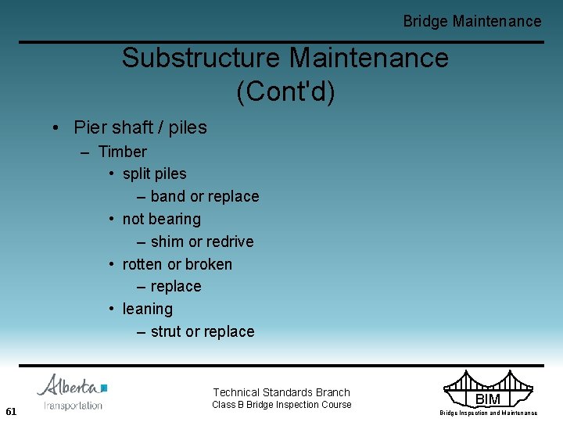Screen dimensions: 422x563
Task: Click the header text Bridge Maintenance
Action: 472,22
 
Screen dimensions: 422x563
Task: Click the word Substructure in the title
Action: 201,58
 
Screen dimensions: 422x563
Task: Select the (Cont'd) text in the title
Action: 285,91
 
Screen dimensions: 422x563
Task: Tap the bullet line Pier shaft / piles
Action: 140,127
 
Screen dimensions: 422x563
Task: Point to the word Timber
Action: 122,152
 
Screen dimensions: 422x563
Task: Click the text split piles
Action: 155,173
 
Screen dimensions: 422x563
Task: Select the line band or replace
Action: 204,196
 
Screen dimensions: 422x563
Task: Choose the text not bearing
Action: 162,219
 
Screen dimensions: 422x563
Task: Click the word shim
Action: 167,241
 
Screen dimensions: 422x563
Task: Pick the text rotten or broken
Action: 178,264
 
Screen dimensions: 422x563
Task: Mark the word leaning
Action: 148,309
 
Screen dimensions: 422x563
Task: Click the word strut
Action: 166,331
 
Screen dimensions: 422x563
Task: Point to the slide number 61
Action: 11,411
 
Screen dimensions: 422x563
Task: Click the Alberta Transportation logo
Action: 73,392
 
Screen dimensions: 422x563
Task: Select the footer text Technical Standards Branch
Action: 281,392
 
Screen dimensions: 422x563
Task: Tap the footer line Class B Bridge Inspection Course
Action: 281,405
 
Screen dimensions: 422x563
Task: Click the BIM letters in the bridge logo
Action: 488,399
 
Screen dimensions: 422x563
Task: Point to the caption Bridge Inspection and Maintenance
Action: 488,413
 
